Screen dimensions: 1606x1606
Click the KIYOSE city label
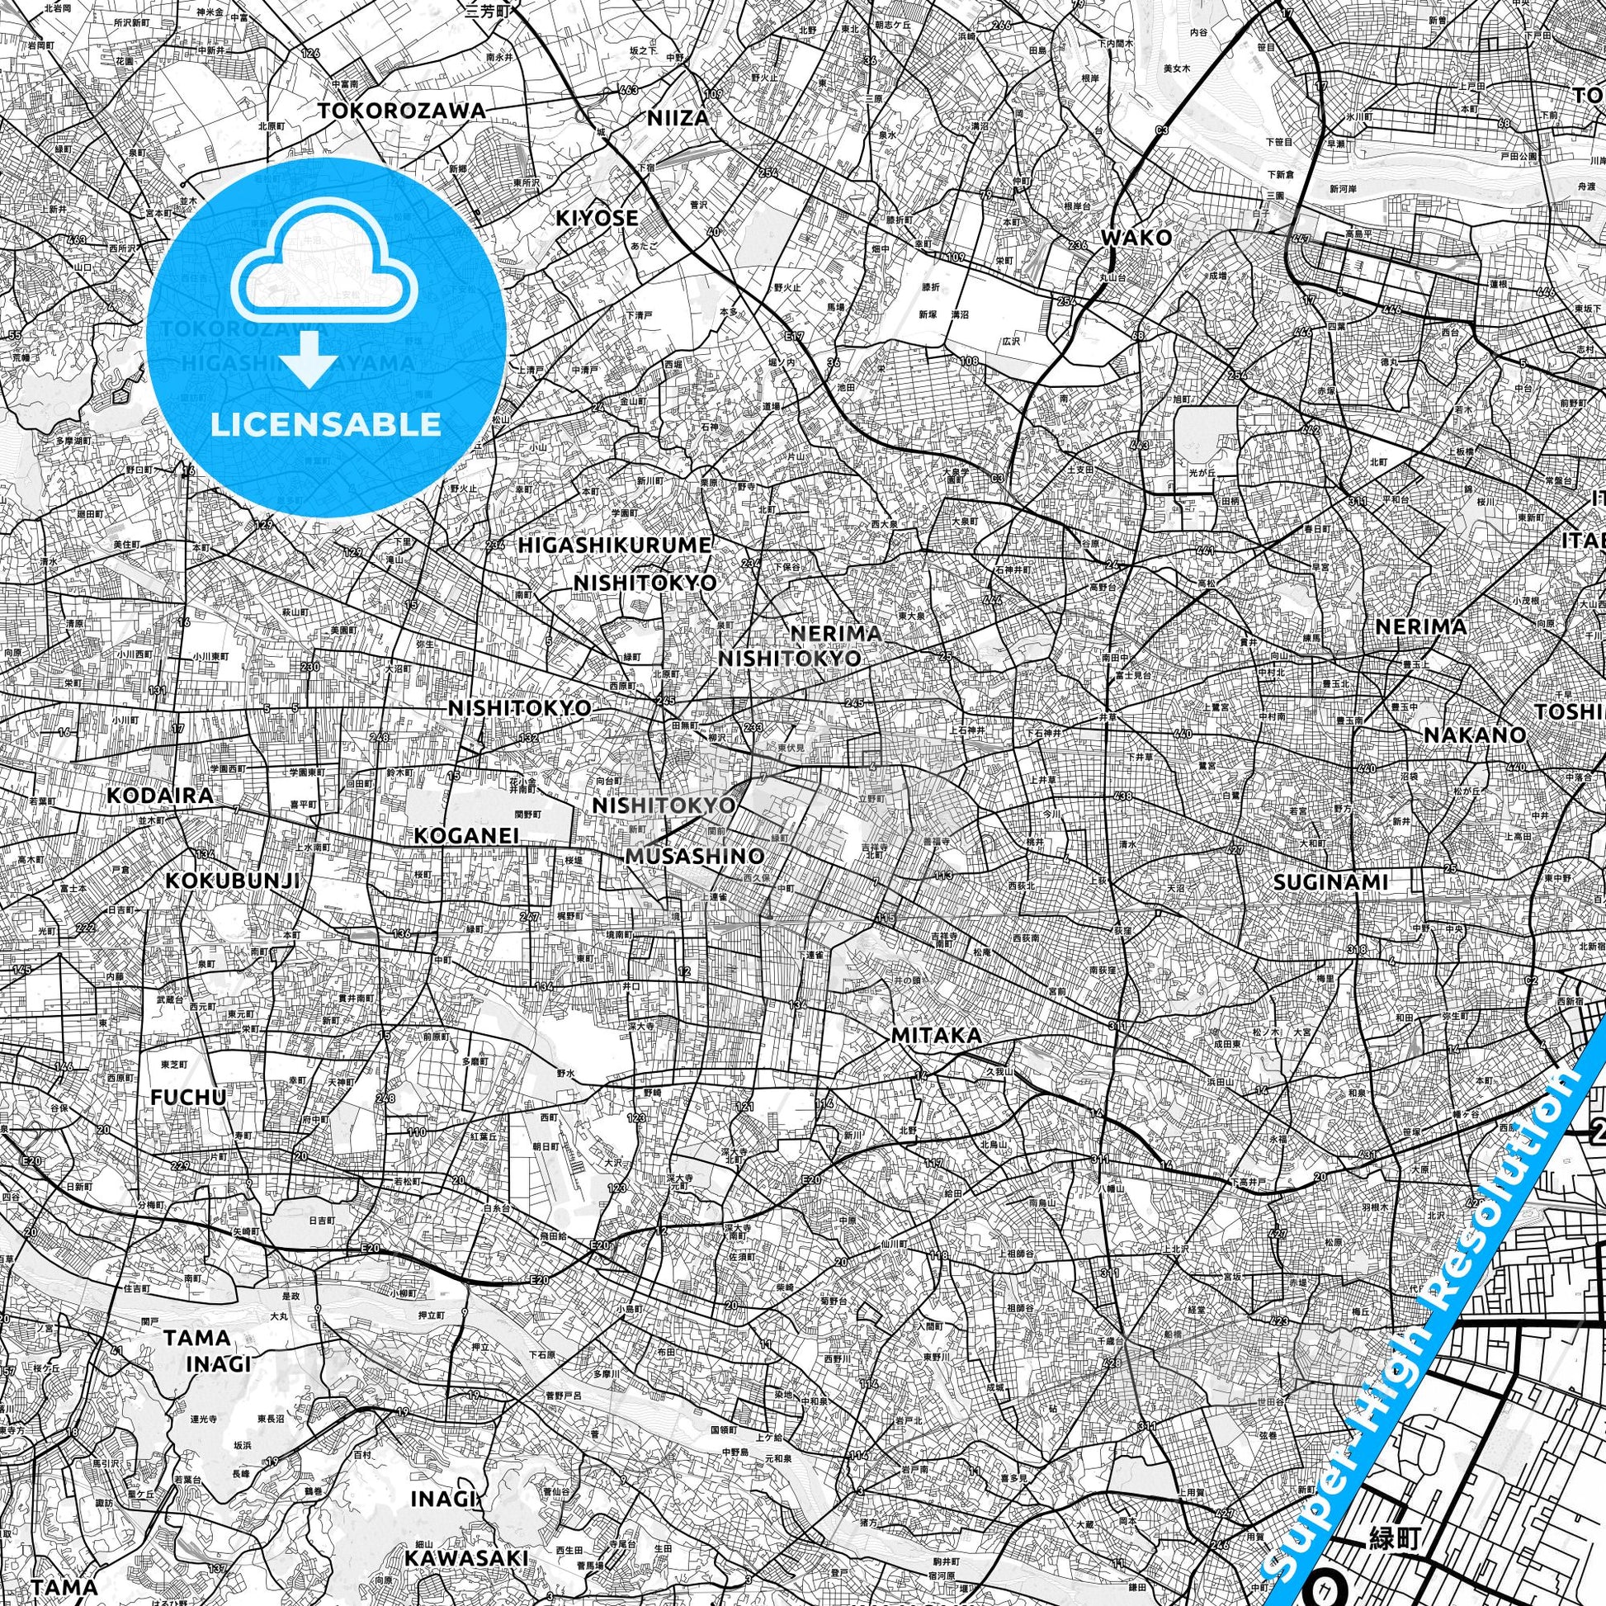coord(597,218)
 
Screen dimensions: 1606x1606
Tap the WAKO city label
coord(1136,238)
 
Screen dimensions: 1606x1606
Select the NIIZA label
coord(678,118)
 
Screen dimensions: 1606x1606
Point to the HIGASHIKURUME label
coord(614,546)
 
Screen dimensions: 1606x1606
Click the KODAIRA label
coord(159,796)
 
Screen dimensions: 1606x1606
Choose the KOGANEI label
coord(466,835)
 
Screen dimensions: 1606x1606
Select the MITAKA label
coord(935,1036)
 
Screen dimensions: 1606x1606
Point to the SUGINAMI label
coord(1330,881)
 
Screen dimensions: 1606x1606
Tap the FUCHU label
coord(188,1098)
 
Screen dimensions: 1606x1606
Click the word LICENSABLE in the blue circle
coord(326,424)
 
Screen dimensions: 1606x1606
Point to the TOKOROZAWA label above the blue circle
coord(401,111)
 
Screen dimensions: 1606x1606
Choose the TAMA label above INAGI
coord(197,1338)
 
